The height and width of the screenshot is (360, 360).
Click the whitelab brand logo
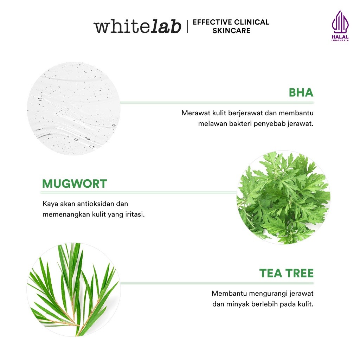click(137, 27)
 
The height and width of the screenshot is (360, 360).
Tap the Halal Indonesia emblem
click(340, 26)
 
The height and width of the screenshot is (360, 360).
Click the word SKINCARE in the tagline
click(231, 31)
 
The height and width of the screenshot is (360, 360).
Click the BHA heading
click(301, 92)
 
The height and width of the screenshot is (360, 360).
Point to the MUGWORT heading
click(75, 184)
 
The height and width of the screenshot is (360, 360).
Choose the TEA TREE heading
click(286, 273)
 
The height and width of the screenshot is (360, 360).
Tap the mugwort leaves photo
click(283, 198)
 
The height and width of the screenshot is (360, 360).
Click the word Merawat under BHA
click(193, 113)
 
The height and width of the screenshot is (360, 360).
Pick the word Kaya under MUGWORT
click(49, 204)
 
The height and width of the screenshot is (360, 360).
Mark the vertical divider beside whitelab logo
click(187, 27)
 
